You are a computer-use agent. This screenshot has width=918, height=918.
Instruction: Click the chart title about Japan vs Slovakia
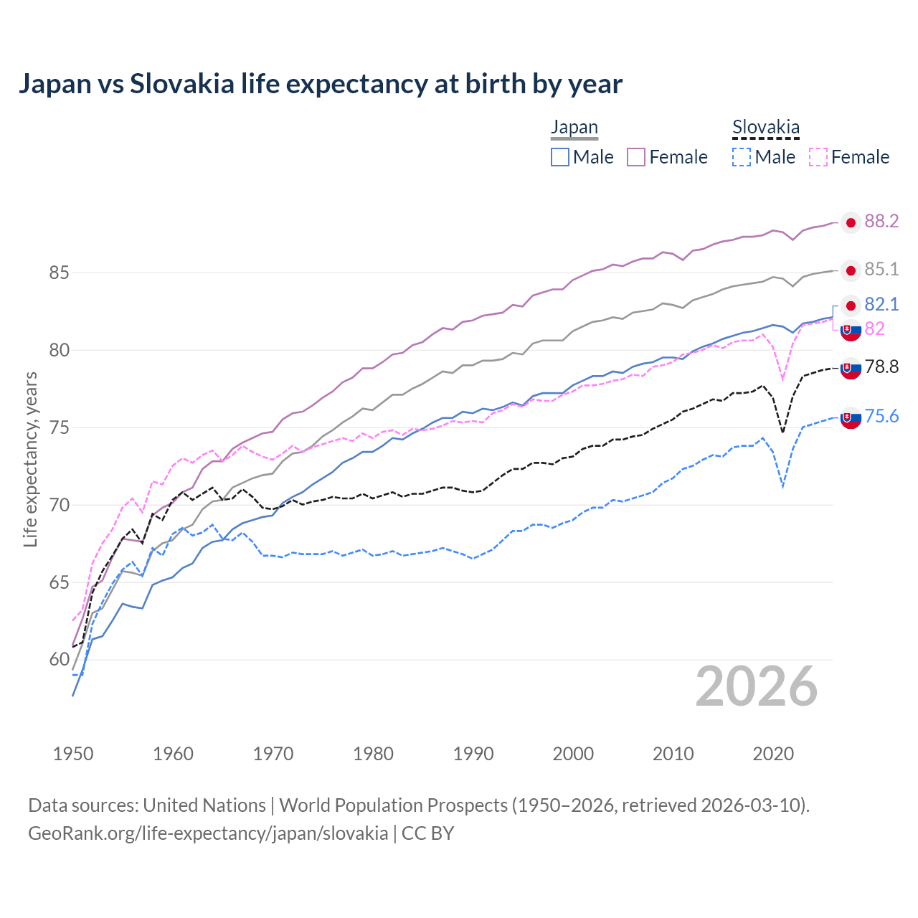point(320,84)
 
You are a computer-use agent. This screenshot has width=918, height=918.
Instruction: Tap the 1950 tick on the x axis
point(73,754)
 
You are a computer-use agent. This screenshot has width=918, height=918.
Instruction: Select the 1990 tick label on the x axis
point(473,754)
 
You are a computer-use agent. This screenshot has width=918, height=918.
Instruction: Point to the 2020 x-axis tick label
point(773,754)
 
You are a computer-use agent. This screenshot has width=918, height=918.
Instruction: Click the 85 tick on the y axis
point(59,273)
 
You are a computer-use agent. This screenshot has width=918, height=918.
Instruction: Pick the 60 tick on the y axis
point(59,660)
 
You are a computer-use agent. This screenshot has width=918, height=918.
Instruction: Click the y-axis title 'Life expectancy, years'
point(31,459)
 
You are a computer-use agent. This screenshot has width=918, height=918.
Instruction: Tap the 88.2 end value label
point(881,222)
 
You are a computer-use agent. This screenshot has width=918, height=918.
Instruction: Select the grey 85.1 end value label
point(881,270)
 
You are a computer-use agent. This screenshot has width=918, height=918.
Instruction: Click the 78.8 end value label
point(881,367)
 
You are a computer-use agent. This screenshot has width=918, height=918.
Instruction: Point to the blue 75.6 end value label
point(881,417)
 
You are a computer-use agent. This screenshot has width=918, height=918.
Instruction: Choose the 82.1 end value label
point(881,305)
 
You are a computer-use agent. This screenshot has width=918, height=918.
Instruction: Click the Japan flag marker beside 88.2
point(851,223)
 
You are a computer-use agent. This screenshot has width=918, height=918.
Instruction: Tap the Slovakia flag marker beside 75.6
point(851,418)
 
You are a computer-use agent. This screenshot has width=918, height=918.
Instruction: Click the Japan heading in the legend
point(574,128)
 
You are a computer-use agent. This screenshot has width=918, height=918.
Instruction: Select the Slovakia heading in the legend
point(765,128)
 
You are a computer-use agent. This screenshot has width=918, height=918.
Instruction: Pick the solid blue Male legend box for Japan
point(560,157)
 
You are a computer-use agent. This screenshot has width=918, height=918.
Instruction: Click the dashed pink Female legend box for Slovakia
point(818,157)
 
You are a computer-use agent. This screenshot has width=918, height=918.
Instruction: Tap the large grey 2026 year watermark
point(756,686)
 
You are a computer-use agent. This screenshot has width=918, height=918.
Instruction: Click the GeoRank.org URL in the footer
point(208,833)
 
